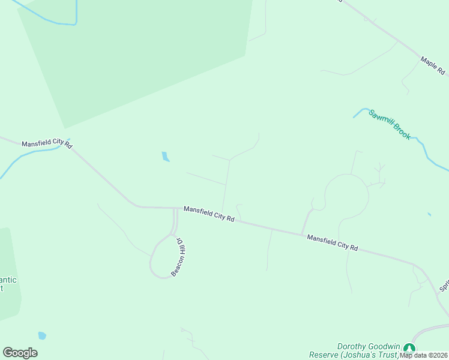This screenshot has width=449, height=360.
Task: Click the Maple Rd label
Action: [432, 65]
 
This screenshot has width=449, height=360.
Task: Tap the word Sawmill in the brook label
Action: [381, 118]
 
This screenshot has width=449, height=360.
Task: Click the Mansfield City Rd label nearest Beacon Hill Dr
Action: [208, 213]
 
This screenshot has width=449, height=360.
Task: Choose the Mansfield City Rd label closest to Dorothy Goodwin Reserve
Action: [332, 242]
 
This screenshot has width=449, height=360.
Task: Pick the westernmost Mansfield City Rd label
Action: [47, 145]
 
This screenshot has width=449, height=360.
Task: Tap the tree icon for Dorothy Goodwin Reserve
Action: [409, 349]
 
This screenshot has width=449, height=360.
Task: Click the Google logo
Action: [20, 353]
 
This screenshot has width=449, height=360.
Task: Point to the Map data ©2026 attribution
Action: [424, 355]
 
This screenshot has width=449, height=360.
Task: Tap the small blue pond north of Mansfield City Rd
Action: [165, 157]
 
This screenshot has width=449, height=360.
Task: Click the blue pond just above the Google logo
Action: [42, 335]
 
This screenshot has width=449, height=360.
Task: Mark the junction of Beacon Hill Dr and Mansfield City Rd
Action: [176, 209]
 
